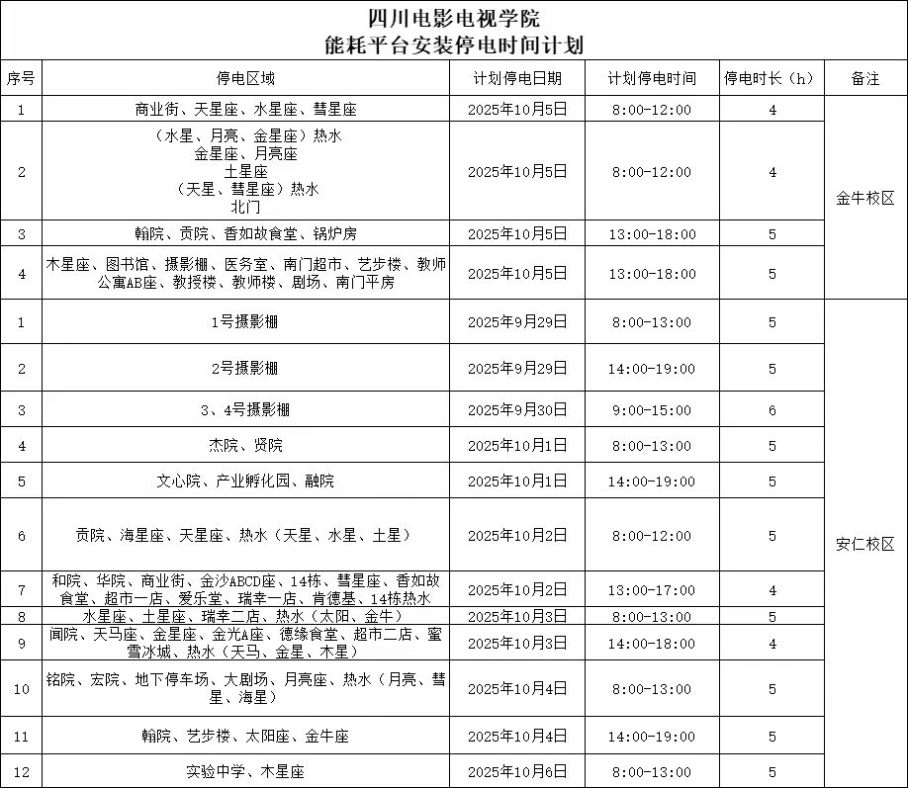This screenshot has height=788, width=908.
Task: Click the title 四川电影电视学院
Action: point(454,17)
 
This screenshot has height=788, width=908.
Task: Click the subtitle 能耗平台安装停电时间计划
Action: point(454,44)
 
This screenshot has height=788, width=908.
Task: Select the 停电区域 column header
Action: point(245,78)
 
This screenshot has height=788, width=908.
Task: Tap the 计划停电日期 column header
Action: point(517,78)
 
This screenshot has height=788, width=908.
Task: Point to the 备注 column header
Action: point(865,78)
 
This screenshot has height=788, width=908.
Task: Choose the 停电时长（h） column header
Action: point(772,78)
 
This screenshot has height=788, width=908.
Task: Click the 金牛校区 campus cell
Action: point(865,198)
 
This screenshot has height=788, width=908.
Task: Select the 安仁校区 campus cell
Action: point(865,544)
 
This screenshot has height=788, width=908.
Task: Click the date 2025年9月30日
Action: point(517,409)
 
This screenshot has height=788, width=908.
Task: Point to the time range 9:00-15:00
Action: point(652,409)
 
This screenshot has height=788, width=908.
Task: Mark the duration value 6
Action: point(772,409)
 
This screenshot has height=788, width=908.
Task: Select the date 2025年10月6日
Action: point(517,771)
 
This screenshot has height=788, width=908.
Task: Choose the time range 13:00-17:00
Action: point(652,590)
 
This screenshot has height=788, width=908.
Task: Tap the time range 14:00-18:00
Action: point(652,644)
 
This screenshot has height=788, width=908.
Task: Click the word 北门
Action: point(245,208)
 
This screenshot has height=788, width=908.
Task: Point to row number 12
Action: point(22,771)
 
